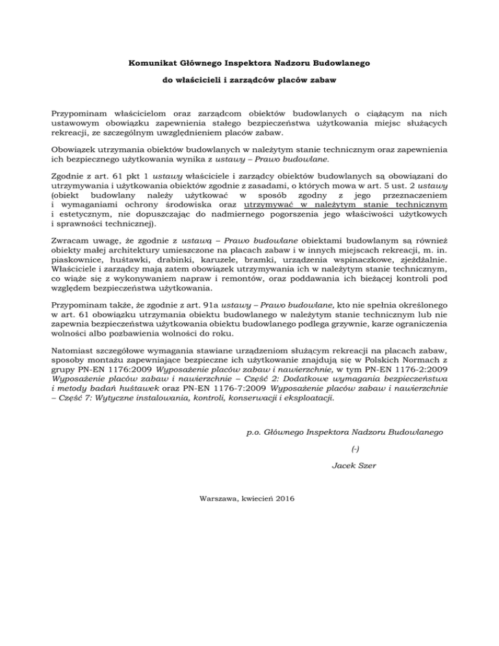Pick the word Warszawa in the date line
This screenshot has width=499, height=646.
click(221, 498)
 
